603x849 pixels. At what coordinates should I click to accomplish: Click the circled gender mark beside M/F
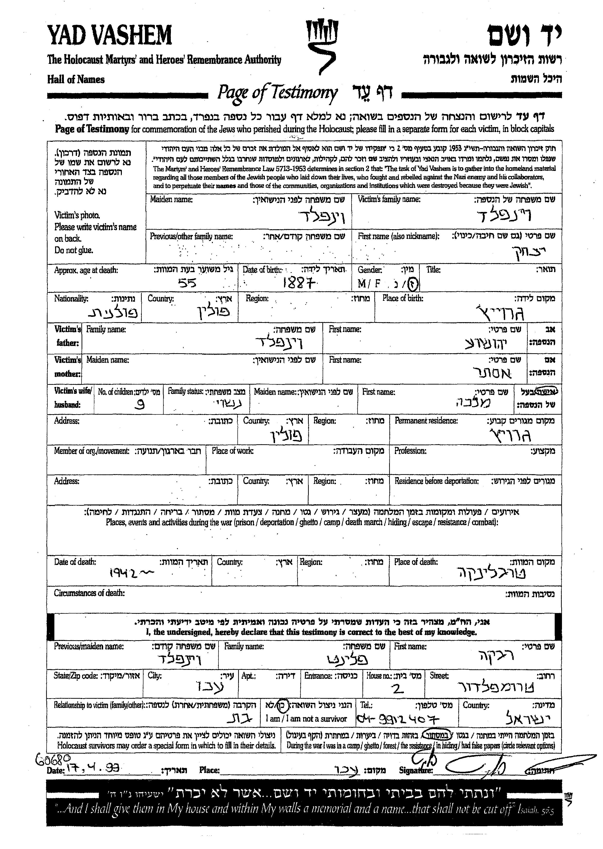coord(413,284)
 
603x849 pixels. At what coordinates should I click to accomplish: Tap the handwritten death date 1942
coord(130,574)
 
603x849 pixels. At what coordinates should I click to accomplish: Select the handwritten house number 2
coord(398,689)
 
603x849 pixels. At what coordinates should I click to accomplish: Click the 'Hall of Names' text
coord(76,79)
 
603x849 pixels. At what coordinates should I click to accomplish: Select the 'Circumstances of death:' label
coord(89,593)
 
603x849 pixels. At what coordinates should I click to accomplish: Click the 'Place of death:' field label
coord(416,562)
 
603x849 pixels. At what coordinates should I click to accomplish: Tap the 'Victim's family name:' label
coord(389,199)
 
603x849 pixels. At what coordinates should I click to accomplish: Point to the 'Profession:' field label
coord(410,451)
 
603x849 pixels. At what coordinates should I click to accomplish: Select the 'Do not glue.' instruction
coord(74,250)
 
